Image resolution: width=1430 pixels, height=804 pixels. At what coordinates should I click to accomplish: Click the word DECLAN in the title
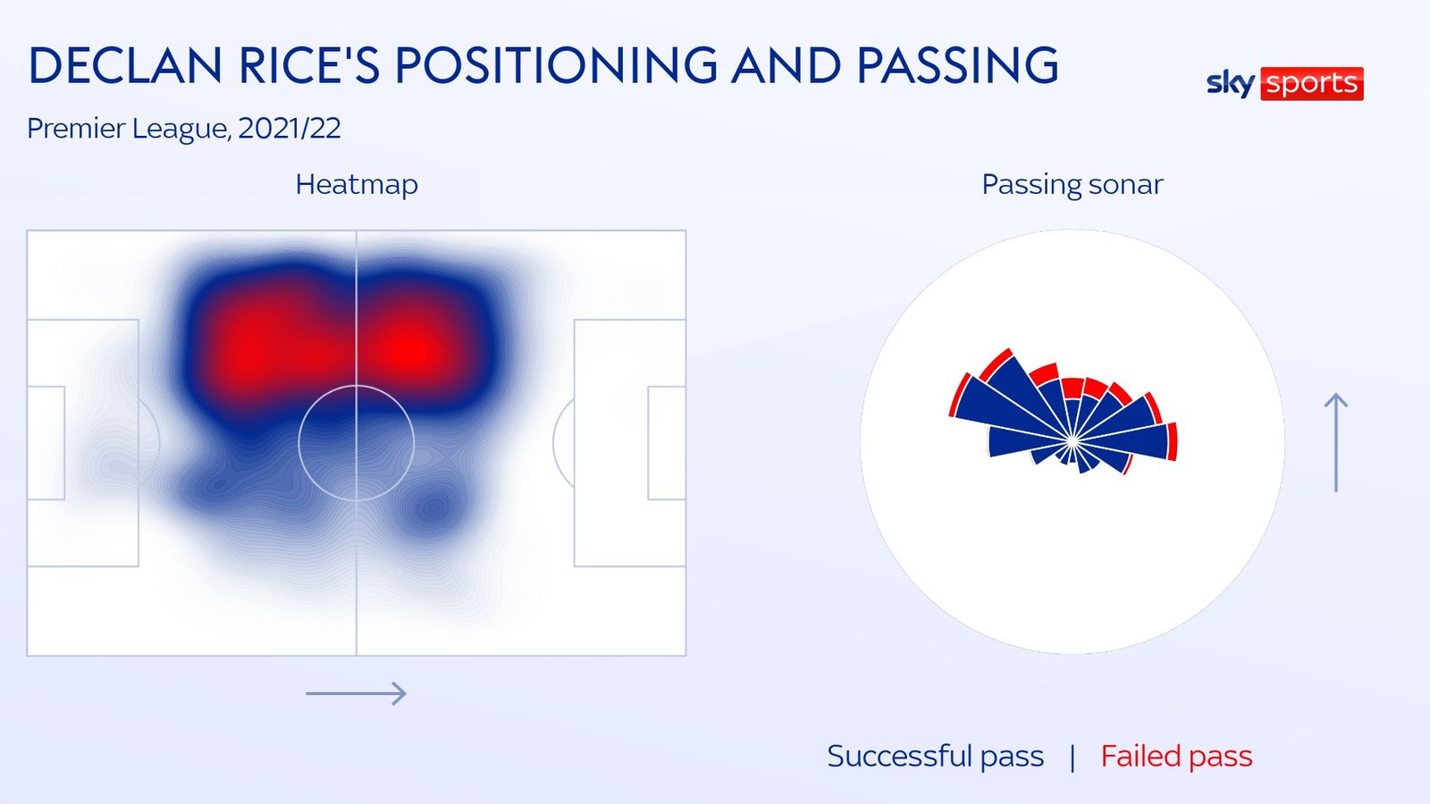tap(125, 65)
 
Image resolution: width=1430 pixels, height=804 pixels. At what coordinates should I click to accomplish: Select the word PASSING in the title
tap(957, 65)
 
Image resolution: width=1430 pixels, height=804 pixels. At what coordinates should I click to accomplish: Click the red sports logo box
tap(1312, 84)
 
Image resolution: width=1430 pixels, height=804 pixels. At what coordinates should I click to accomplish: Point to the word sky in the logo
tap(1231, 84)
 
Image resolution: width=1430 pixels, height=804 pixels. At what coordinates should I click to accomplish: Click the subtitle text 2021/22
tap(290, 129)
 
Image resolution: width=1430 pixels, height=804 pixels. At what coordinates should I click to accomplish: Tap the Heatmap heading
tap(357, 184)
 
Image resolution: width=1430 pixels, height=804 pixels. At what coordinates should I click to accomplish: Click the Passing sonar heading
tap(1072, 184)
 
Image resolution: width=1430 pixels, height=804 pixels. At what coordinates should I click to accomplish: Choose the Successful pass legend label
tap(935, 756)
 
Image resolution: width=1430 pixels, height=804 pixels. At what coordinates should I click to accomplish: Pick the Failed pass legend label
tap(1176, 756)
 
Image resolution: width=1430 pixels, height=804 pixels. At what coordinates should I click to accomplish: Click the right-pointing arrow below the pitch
tap(357, 693)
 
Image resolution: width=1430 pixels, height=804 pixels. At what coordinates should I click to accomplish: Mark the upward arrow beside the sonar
tap(1335, 443)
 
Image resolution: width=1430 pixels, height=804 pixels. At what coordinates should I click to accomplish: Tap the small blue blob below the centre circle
tap(433, 508)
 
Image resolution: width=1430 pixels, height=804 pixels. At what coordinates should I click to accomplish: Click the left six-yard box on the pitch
tap(46, 443)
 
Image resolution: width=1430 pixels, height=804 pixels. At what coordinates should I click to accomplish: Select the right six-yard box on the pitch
tap(667, 443)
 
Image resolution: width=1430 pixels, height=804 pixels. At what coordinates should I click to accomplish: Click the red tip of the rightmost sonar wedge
tap(1172, 441)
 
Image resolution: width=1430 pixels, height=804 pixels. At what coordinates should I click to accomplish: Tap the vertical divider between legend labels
tap(1072, 758)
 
